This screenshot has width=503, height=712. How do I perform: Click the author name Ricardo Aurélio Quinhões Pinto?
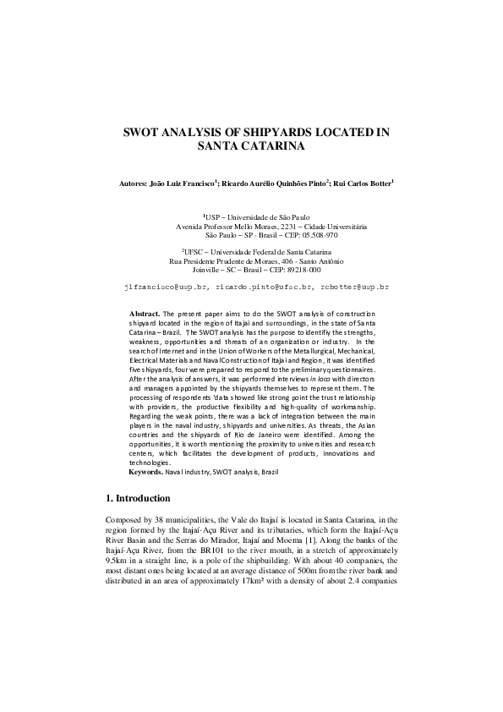(x=274, y=183)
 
